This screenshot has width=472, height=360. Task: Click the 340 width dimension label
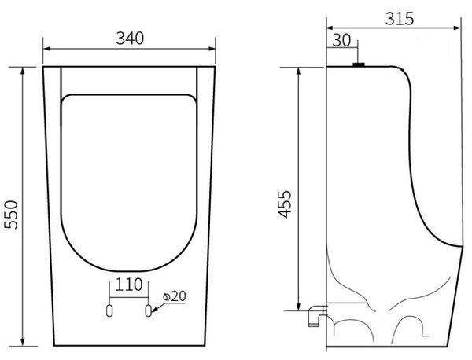pyautogui.click(x=130, y=39)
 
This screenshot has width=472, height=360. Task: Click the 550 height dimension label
pyautogui.click(x=11, y=215)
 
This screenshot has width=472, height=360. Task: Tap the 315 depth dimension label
pyautogui.click(x=400, y=19)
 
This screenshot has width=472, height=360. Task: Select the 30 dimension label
pyautogui.click(x=341, y=40)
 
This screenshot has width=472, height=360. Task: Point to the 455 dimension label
pyautogui.click(x=285, y=204)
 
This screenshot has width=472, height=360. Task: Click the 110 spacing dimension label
pyautogui.click(x=129, y=285)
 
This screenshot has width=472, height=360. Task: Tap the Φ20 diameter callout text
pyautogui.click(x=175, y=296)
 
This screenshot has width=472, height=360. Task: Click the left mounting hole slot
pyautogui.click(x=109, y=310)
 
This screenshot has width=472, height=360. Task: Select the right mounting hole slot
pyautogui.click(x=148, y=310)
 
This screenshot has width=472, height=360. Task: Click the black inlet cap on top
pyautogui.click(x=359, y=64)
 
